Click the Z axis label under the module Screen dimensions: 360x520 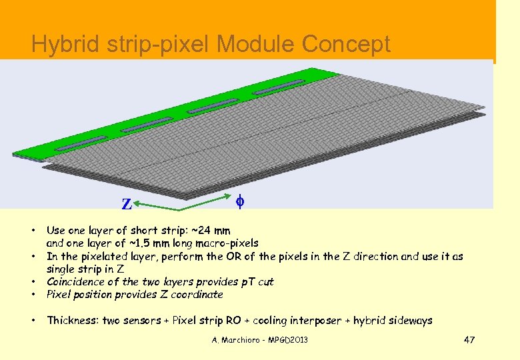(x=126, y=204)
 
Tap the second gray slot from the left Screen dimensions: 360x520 (x=147, y=124)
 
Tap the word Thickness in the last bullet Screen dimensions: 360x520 (x=74, y=321)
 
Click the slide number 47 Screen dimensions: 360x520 (x=469, y=341)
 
